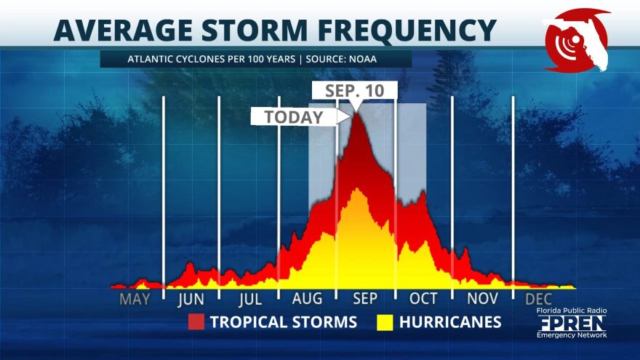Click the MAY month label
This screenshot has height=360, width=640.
coord(135,299)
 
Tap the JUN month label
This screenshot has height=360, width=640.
coord(191,299)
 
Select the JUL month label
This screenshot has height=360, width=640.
coord(249,299)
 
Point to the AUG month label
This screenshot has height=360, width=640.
coord(307,299)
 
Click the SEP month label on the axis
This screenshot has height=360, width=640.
coord(365,299)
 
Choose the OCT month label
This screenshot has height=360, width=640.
coord(423,299)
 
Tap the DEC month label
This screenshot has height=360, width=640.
coord(538,299)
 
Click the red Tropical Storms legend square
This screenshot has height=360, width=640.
coord(196,322)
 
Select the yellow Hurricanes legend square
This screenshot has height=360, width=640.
coord(385,322)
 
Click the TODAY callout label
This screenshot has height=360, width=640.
coord(294,117)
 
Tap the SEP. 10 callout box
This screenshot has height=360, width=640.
coord(355,91)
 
